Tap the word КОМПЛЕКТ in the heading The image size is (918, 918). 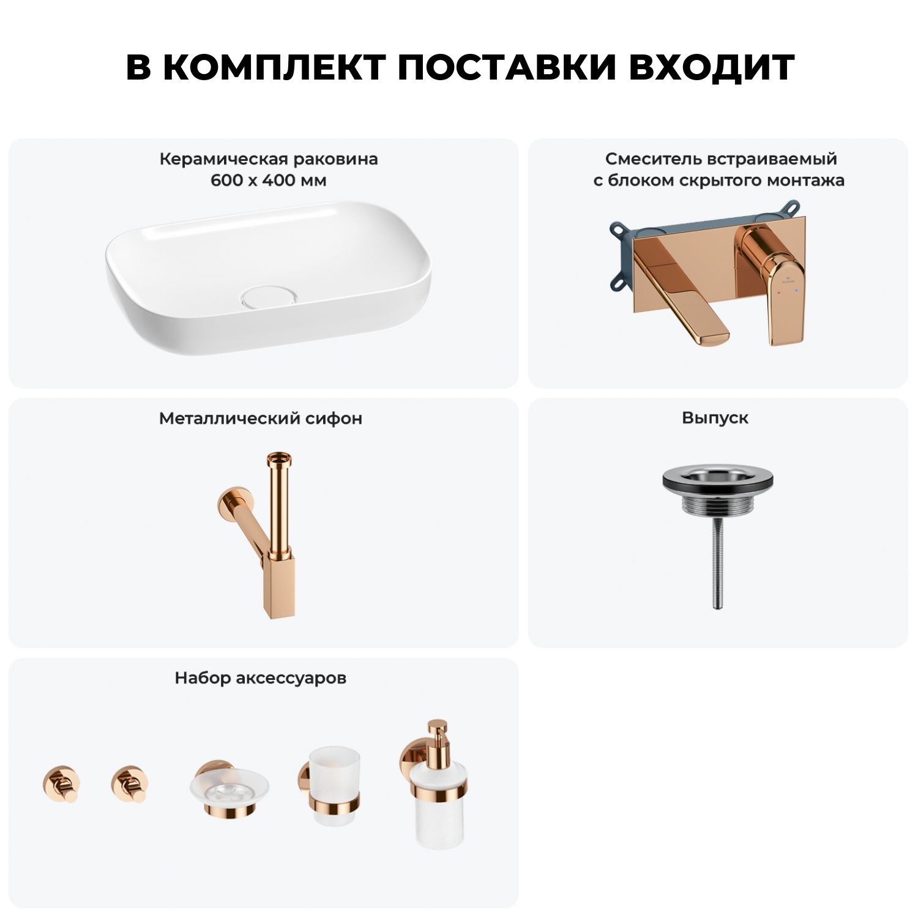pyautogui.click(x=275, y=67)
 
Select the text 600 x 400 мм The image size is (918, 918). pyautogui.click(x=269, y=181)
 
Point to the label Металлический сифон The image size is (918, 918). pyautogui.click(x=261, y=419)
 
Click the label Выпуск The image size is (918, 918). pyautogui.click(x=715, y=418)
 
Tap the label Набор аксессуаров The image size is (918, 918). pyautogui.click(x=261, y=678)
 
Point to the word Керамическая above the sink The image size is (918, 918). pyautogui.click(x=223, y=160)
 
